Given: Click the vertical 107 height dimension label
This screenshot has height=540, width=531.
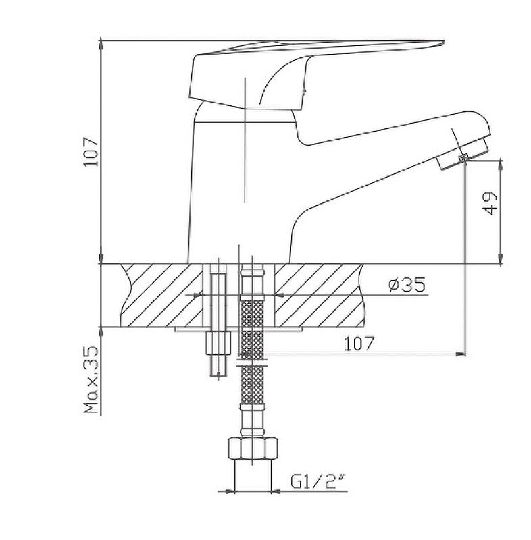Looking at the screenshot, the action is (91, 151).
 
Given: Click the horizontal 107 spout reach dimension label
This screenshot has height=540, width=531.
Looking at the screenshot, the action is (359, 344).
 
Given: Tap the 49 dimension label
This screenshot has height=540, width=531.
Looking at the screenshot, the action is (490, 203).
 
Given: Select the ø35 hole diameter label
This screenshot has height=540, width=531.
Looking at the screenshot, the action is (407, 284).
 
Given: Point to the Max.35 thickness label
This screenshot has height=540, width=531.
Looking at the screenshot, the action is (91, 380).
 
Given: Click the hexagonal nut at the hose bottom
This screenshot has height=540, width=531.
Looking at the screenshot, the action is (253, 448).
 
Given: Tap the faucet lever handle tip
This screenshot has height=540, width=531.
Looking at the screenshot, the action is (442, 43).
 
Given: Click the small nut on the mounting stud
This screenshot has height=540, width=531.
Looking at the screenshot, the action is (218, 343).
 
